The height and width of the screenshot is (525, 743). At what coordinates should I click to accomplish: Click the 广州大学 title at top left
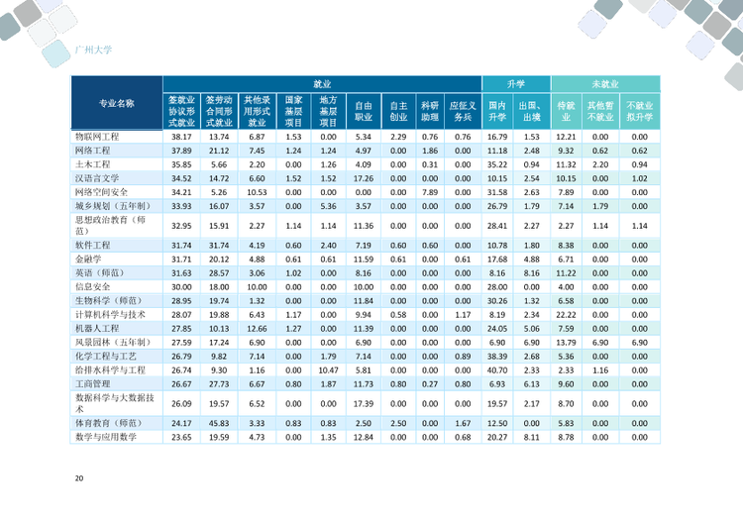[x=93, y=50]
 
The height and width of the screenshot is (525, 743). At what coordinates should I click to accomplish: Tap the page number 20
[x=79, y=478]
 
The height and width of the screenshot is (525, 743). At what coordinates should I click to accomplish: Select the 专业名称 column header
[x=117, y=103]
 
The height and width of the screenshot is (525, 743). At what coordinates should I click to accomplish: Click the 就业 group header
[x=322, y=84]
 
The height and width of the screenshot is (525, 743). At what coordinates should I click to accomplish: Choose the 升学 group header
[x=516, y=84]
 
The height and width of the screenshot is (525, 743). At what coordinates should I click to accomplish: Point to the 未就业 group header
[x=605, y=84]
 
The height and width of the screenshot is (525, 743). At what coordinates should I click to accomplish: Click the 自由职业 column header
[x=364, y=111]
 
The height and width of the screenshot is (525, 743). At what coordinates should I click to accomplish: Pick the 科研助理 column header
[x=430, y=111]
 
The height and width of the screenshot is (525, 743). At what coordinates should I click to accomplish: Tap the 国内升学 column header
[x=497, y=111]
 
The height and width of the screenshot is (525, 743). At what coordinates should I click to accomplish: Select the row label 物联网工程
[x=97, y=137]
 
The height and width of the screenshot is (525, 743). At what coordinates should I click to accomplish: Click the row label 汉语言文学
[x=97, y=178]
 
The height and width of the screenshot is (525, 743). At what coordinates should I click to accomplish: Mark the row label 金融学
[x=88, y=260]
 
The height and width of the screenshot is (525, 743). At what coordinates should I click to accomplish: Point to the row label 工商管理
[x=93, y=384]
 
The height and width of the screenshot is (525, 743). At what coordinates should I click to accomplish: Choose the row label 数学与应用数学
[x=106, y=438]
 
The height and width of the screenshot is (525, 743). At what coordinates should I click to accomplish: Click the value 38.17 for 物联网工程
[x=181, y=137]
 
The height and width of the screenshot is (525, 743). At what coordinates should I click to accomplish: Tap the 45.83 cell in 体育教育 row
[x=219, y=424]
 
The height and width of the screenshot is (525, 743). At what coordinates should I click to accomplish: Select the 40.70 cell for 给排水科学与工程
[x=497, y=370]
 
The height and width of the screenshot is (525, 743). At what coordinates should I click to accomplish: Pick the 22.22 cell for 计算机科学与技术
[x=566, y=315]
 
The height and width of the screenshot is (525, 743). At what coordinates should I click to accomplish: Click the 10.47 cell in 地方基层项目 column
[x=328, y=370]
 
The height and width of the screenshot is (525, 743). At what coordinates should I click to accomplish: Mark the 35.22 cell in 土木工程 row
[x=497, y=164]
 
